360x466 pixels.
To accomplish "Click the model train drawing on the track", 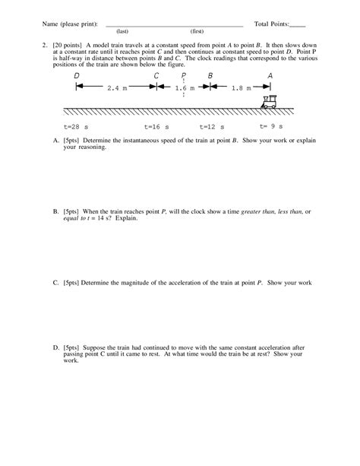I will point(269,101).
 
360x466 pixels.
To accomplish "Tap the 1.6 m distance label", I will point(183,88).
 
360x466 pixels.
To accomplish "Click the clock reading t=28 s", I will point(78,125).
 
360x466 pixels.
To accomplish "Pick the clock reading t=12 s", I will point(213,125).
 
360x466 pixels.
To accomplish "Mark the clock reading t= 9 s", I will point(270,125).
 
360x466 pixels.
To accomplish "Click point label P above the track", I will point(183,75).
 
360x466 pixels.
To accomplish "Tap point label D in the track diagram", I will point(77,75).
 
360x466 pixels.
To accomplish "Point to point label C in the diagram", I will point(156,75).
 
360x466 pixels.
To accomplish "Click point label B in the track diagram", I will point(210,75).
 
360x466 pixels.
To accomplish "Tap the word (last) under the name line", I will point(121,32).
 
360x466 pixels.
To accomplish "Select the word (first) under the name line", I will point(197,32).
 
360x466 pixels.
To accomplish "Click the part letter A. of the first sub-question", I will point(56,141).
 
